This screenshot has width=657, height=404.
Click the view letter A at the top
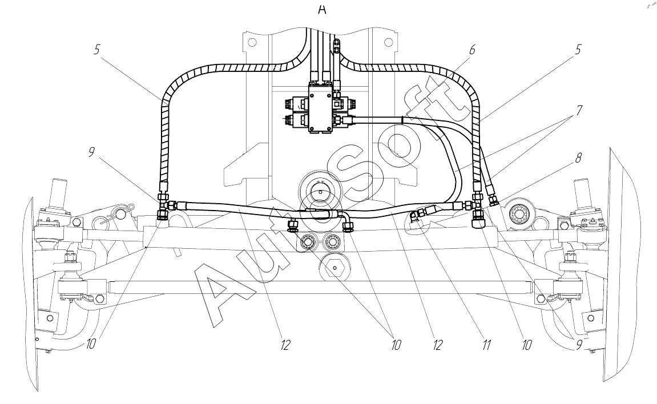(322, 10)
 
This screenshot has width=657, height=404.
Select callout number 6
(472, 50)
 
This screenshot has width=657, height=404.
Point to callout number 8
(579, 159)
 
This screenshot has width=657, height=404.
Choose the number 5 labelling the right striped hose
(578, 50)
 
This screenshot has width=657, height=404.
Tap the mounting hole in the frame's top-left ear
(251, 42)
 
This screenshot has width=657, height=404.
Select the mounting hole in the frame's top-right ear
(388, 42)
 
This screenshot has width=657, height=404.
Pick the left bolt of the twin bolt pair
(308, 243)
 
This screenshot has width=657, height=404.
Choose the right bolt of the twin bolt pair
(333, 243)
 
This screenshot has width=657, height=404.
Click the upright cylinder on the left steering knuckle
(58, 194)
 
